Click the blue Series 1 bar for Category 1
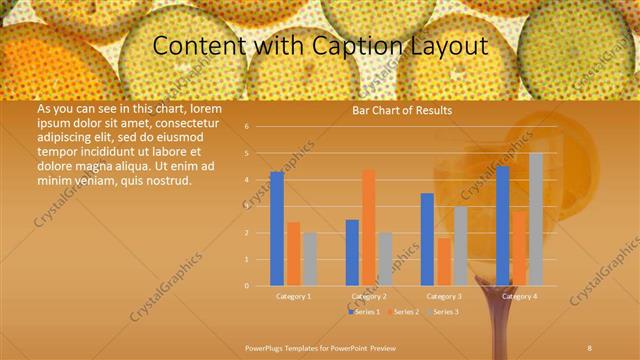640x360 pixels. coord(277,229)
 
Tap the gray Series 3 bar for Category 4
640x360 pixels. coord(536,219)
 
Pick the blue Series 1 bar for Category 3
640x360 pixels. coord(427,239)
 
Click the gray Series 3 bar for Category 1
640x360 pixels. coord(310,259)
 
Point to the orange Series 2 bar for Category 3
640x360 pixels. coord(444,261)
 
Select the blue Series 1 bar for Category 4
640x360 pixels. coord(502,225)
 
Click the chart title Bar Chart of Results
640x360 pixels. coord(402,110)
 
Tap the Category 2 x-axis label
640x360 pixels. coord(369,297)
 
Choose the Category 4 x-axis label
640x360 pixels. coord(519,297)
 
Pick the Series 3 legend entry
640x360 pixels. coord(445,313)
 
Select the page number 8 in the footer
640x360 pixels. coord(590,345)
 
